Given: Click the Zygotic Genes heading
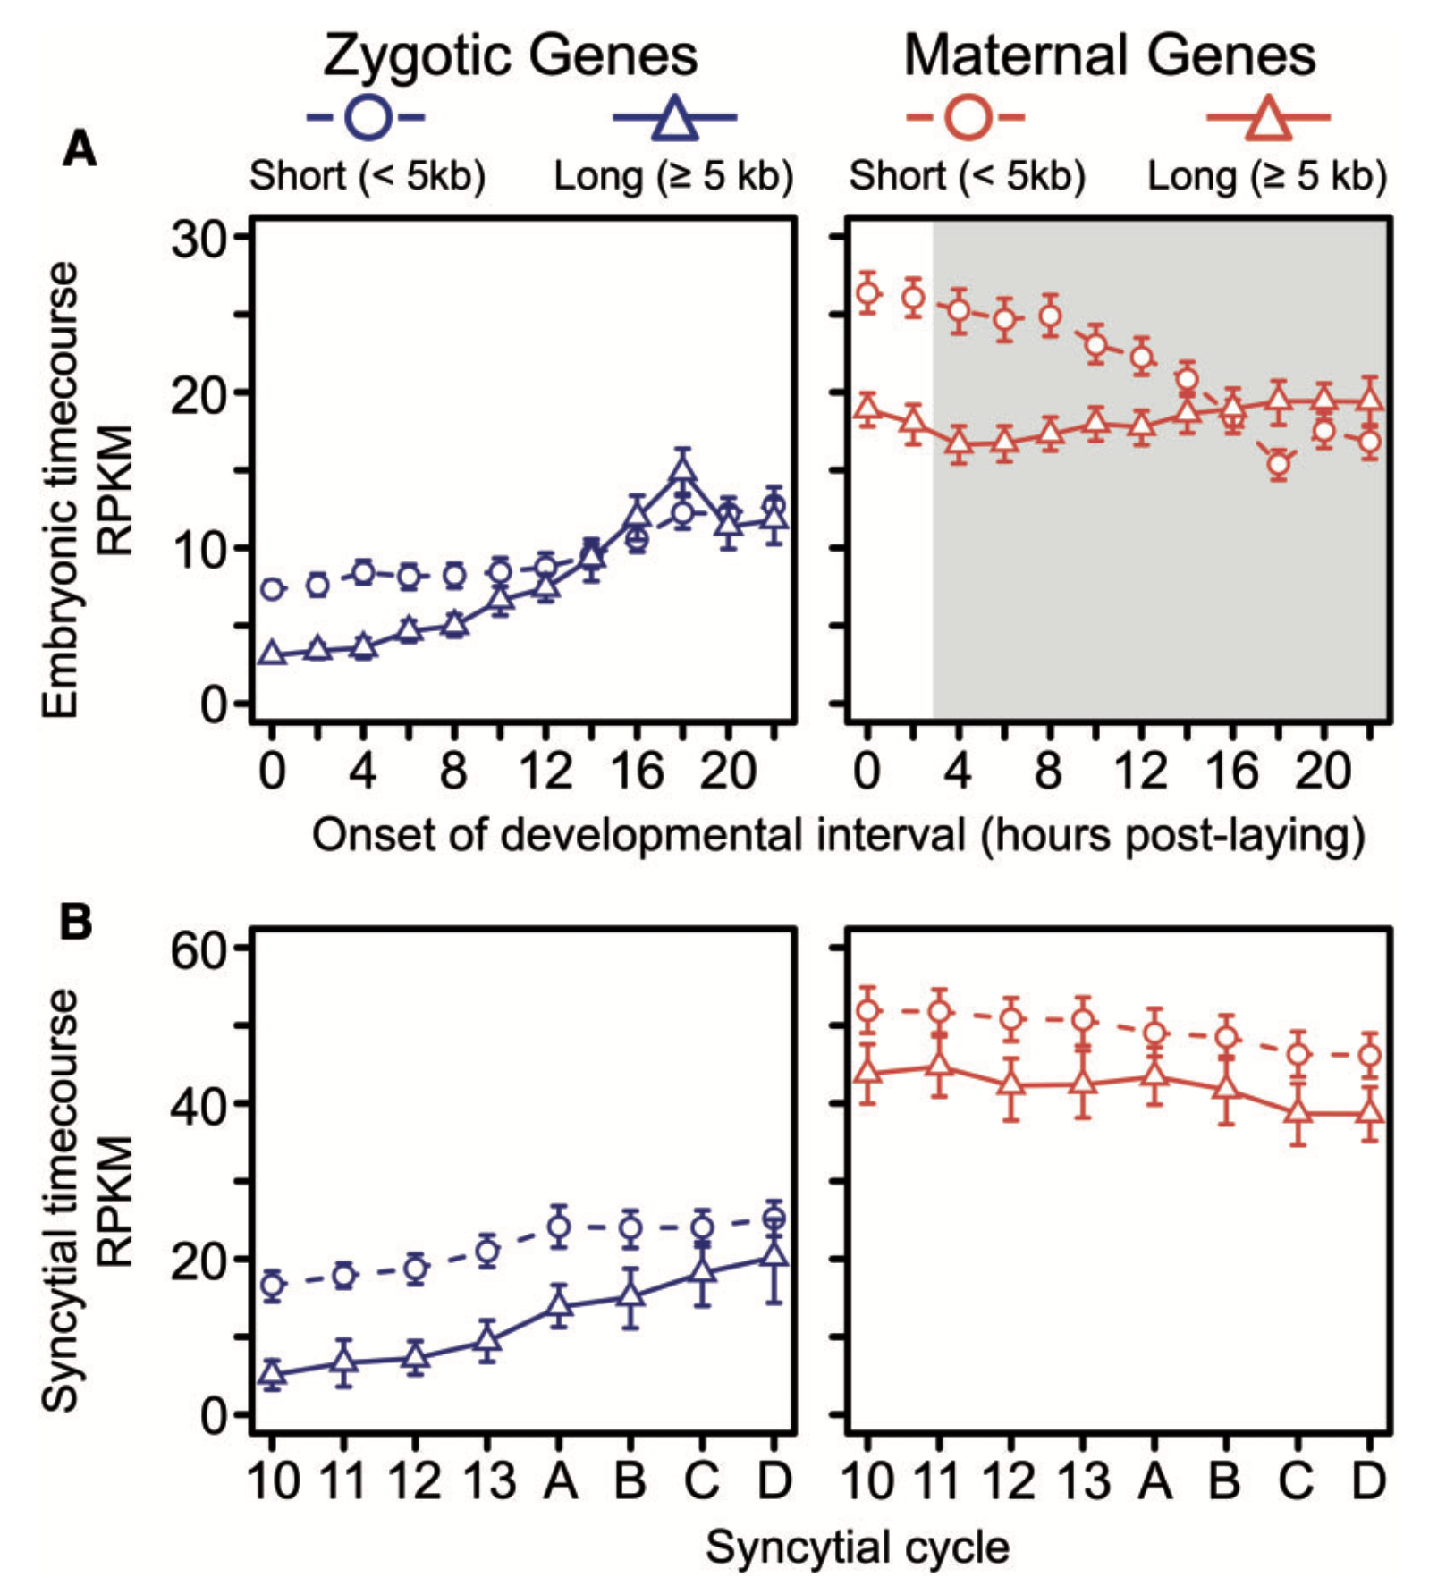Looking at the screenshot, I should (x=510, y=55).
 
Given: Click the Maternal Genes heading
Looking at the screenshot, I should (x=1109, y=55).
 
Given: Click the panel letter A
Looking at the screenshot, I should (x=79, y=148).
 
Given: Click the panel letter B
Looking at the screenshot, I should (x=76, y=922).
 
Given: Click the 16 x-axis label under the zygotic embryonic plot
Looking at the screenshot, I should (x=636, y=770).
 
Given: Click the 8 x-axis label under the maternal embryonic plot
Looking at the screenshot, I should (x=1049, y=770).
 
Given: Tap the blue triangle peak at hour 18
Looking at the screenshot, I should (x=683, y=468).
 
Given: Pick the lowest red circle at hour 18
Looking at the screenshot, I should (x=1279, y=464).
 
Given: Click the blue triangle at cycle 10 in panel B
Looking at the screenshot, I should (x=272, y=1374).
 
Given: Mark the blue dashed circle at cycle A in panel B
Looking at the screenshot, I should (x=559, y=1227).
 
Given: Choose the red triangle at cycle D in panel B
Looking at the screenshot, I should (x=1369, y=1113).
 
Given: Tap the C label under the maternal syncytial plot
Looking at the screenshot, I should (x=1297, y=1480).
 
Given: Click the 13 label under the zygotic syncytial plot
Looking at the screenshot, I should (x=487, y=1480).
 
